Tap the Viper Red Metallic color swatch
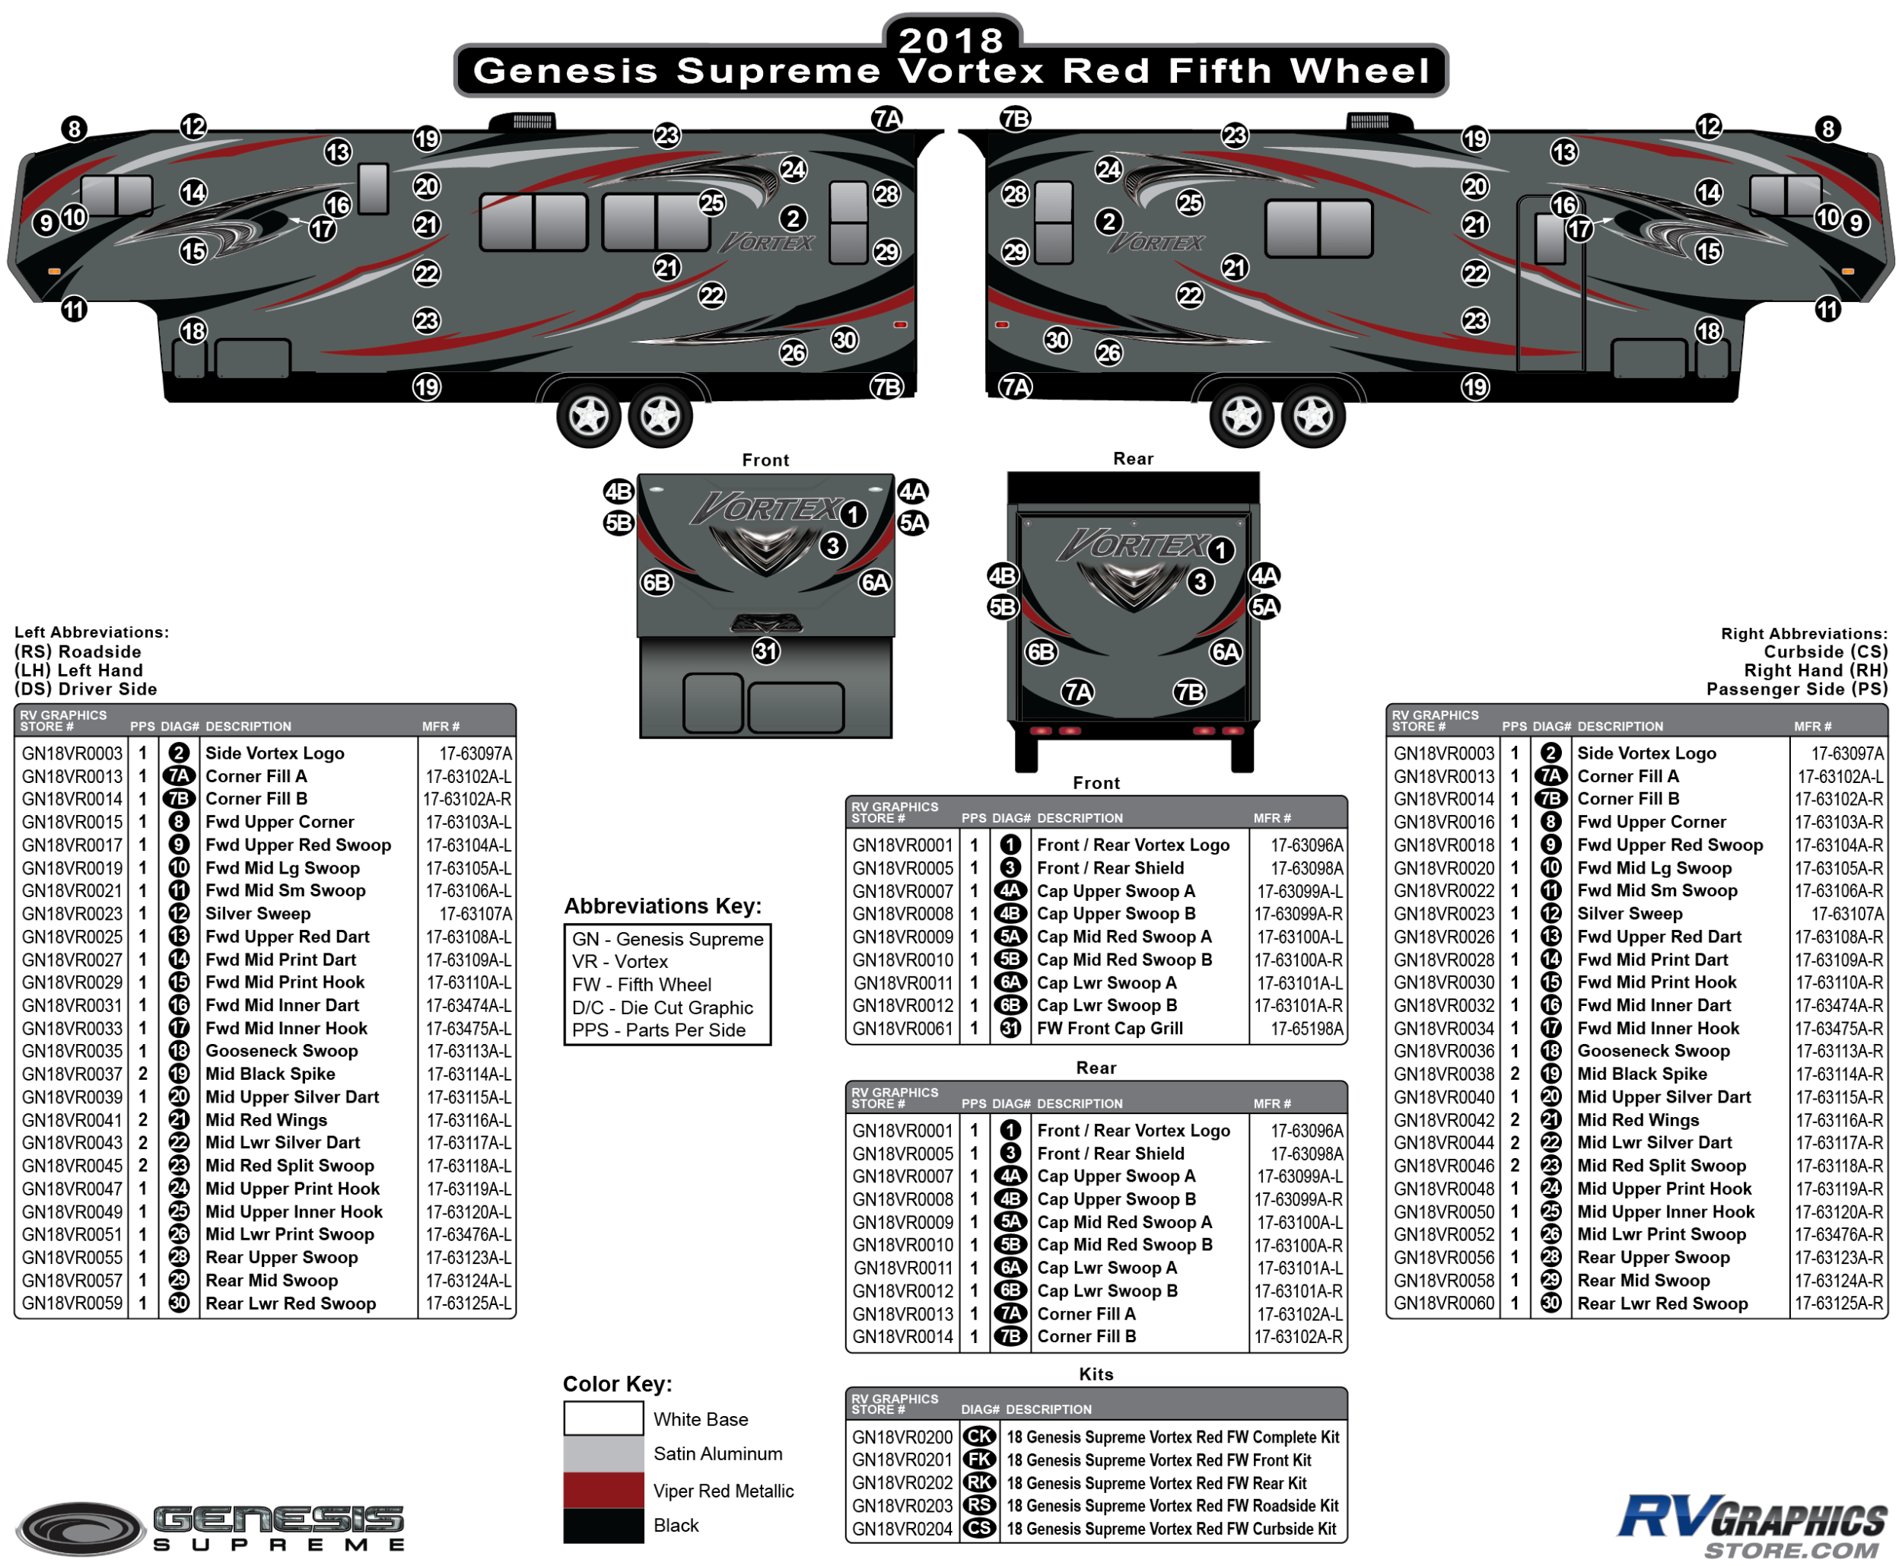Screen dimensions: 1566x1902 pos(603,1490)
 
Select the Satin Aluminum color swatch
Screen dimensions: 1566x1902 pos(603,1453)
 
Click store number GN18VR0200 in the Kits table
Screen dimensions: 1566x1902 pos(902,1437)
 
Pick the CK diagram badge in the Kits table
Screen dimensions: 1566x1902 pos(979,1437)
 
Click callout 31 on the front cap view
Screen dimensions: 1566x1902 pos(765,651)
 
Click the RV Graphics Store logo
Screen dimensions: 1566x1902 pos(1751,1526)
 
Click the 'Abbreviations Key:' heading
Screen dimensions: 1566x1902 pos(663,906)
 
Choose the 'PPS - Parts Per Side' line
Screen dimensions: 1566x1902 pos(658,1030)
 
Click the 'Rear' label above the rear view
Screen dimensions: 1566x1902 pos(1133,458)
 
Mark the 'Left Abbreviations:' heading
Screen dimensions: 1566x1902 pos(91,632)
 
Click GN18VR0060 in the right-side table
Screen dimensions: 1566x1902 pos(1443,1303)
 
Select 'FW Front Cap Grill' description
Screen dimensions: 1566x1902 pos(1109,1028)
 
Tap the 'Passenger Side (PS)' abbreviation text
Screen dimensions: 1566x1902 pos(1795,689)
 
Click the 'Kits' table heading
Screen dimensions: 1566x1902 pos(1096,1373)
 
